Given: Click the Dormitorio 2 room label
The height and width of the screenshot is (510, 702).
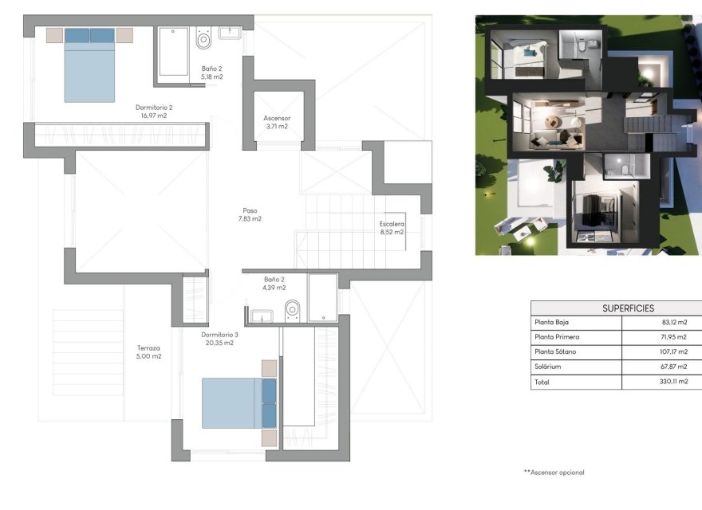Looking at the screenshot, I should [x=154, y=107].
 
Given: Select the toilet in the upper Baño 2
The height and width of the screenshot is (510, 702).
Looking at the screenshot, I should [x=203, y=38].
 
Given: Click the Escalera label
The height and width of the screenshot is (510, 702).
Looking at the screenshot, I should [x=392, y=224].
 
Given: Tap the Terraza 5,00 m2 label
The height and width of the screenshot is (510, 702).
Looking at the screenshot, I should [x=148, y=352].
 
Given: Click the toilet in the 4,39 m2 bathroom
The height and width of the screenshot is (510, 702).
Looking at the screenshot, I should [x=292, y=309].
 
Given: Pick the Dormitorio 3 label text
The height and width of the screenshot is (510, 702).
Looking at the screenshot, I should [x=219, y=335].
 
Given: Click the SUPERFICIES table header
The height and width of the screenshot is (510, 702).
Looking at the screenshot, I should [x=616, y=308].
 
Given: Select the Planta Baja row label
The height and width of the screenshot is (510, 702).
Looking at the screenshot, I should [x=552, y=323].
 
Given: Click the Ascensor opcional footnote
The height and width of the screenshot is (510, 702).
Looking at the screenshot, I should [x=554, y=473].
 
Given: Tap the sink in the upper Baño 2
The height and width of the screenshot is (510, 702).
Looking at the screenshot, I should [x=229, y=33].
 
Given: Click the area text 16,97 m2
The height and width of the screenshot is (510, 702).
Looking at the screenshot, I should [x=154, y=116].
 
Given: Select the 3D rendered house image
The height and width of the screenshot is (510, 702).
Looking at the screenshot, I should [x=588, y=135].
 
